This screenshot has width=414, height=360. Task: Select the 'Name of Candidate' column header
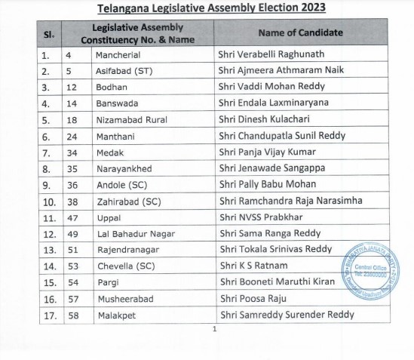pyautogui.click(x=300, y=33)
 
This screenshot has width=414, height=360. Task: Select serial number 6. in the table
pyautogui.click(x=47, y=136)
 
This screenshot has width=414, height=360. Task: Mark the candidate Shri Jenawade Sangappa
pyautogui.click(x=269, y=168)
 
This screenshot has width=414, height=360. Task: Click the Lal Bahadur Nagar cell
pyautogui.click(x=130, y=232)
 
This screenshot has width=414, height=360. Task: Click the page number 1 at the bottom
pyautogui.click(x=215, y=328)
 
